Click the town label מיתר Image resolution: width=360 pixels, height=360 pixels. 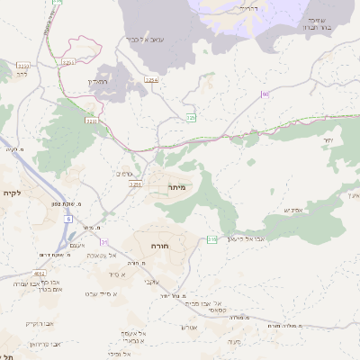(175, 187)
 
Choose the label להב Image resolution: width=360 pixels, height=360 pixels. (21, 76)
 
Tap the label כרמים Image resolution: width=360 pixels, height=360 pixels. (125, 174)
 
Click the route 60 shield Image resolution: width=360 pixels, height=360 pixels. (265, 94)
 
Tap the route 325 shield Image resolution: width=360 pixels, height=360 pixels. (191, 118)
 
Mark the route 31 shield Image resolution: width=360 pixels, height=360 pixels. (104, 242)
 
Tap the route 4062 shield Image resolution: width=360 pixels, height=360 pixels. (40, 273)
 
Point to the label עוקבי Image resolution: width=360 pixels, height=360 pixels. (151, 282)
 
